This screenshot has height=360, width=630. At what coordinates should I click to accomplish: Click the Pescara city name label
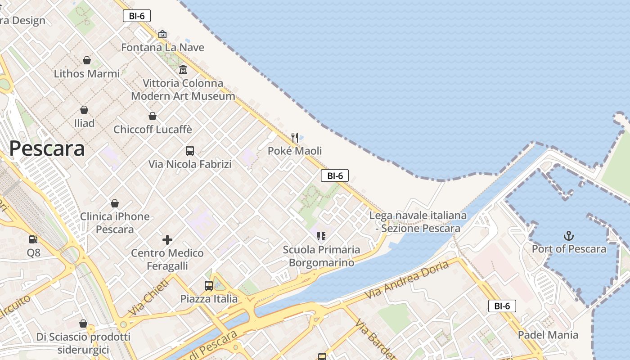tap(47, 148)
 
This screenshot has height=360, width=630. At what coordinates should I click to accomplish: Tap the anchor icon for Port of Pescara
tap(569, 236)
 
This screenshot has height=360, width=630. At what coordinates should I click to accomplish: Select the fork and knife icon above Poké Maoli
tap(295, 137)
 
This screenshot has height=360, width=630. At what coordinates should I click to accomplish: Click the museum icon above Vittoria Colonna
tap(183, 70)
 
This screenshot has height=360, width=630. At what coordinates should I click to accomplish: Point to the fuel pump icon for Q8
tap(33, 239)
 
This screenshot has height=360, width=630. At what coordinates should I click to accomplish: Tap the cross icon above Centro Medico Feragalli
tap(167, 239)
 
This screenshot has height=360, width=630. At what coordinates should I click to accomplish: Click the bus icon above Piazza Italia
tap(209, 285)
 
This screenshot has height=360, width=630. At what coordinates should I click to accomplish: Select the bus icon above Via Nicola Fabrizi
tap(190, 151)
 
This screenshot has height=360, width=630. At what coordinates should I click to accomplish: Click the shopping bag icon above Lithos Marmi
tap(87, 60)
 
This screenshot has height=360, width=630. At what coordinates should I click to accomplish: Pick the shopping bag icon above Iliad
tap(84, 110)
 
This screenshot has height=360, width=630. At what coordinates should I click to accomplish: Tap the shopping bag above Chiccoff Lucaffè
tap(153, 116)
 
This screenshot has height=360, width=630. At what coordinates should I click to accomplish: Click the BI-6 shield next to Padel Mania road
tap(502, 306)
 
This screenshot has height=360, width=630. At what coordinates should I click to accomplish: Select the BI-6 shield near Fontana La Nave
tap(136, 16)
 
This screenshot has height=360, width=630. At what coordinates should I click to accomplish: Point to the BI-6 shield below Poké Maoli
tap(335, 175)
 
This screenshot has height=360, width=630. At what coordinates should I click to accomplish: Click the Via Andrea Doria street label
tap(407, 280)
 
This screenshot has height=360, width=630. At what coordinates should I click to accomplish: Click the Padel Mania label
tap(548, 335)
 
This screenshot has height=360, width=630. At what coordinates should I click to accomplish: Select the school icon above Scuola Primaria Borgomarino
tap(321, 236)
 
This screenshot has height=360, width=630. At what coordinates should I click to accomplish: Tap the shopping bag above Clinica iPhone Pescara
tap(115, 203)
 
